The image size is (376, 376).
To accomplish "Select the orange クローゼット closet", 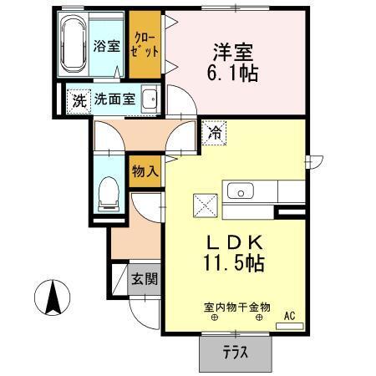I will [145, 43].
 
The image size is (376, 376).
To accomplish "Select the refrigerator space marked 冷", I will [214, 131].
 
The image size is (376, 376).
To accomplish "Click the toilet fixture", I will [108, 193].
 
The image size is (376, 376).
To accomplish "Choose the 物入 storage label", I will [145, 171].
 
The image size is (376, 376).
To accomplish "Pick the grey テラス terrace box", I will [235, 352].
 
